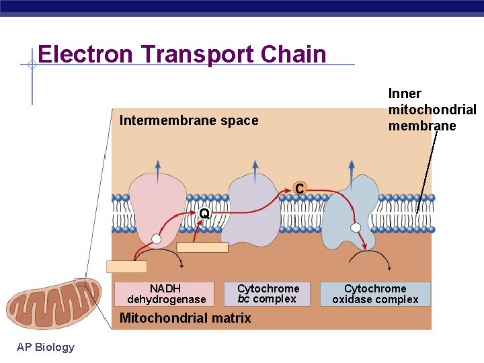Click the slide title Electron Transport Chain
[182, 54]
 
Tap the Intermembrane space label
[188, 121]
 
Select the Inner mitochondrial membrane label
[432, 110]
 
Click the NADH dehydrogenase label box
[165, 294]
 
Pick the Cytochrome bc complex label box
[268, 294]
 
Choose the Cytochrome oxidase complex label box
[375, 294]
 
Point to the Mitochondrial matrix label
[185, 318]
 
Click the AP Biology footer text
[46, 347]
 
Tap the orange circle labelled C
[300, 190]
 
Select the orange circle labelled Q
[204, 214]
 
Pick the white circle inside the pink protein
[156, 239]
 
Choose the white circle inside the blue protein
[356, 227]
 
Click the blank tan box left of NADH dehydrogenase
[126, 266]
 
